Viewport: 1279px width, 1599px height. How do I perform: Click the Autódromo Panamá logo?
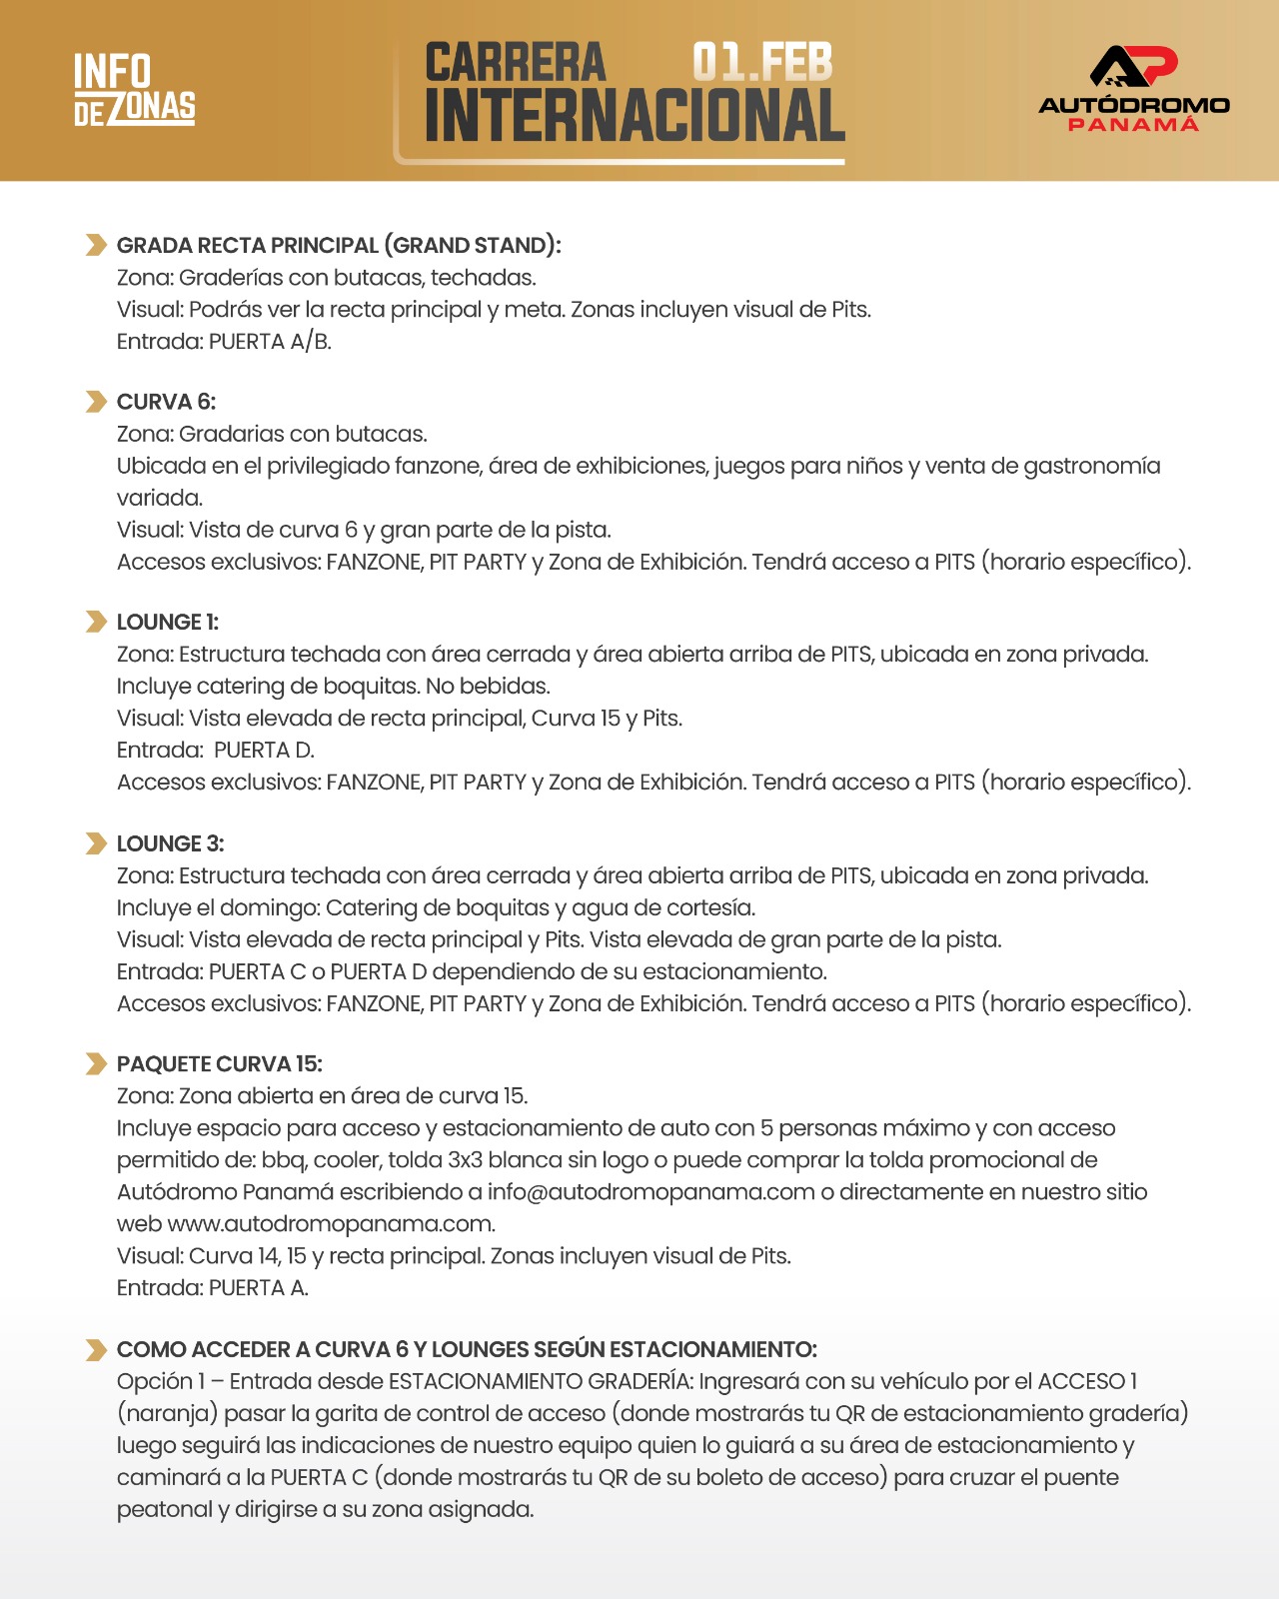coord(1134,89)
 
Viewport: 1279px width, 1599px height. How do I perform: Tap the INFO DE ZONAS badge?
coord(135,90)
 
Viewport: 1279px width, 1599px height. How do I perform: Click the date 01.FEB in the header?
coord(762,62)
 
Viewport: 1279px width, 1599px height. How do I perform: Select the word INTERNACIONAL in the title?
coord(635,116)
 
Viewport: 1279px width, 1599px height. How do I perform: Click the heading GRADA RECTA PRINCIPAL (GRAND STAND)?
coord(339,246)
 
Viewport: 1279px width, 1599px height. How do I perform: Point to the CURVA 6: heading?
coord(166,402)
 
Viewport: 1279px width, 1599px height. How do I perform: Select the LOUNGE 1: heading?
coord(168,623)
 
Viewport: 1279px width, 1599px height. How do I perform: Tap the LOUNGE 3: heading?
coord(170,843)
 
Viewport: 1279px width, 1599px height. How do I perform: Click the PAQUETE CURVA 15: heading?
coord(220,1064)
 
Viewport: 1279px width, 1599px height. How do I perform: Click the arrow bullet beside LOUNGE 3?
coord(96,843)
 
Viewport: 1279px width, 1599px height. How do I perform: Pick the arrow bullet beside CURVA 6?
coord(96,402)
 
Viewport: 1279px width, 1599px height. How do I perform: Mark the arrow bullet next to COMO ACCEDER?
coord(96,1350)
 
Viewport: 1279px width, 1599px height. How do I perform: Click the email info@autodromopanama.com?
coord(650,1192)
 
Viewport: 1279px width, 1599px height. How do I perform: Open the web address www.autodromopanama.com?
coord(331,1224)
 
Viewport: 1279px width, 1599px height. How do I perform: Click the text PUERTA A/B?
coord(270,342)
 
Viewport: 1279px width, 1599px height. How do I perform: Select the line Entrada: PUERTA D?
coord(216,751)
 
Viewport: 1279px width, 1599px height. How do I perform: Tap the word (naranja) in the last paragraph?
coord(167,1414)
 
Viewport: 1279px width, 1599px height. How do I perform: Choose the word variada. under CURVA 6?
coord(160,498)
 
